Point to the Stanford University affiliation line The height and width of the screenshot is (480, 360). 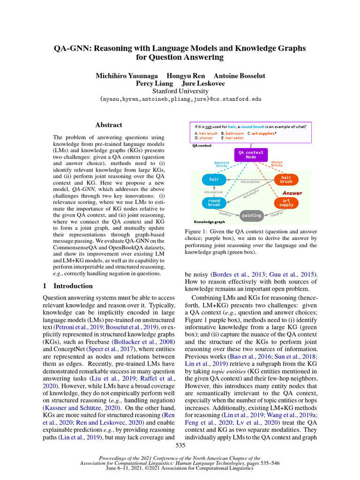(180, 91)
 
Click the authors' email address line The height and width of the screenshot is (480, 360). (180, 99)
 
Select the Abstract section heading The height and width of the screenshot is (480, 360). (109, 125)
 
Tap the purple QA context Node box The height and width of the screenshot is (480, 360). (251, 155)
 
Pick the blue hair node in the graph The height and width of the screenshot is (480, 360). (214, 180)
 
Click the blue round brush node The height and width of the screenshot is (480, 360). (214, 202)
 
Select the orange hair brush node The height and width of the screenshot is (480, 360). (286, 180)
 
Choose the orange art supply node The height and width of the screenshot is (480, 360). (286, 202)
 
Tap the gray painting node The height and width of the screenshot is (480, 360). (251, 216)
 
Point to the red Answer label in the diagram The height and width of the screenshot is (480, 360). (292, 193)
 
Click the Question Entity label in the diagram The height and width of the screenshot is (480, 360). (222, 164)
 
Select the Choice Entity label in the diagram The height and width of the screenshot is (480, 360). (277, 164)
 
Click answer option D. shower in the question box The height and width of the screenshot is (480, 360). (204, 138)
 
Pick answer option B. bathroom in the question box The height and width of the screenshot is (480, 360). (232, 133)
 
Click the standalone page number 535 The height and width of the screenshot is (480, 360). (180, 444)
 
